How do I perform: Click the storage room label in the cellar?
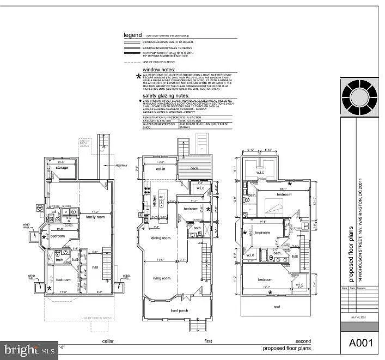click(61, 168)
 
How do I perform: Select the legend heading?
click(132, 35)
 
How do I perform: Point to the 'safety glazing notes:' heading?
click(167, 95)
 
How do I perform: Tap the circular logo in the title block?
click(359, 96)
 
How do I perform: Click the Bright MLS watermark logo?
click(30, 346)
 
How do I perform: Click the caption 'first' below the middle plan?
click(208, 341)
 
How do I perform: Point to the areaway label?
click(121, 166)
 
